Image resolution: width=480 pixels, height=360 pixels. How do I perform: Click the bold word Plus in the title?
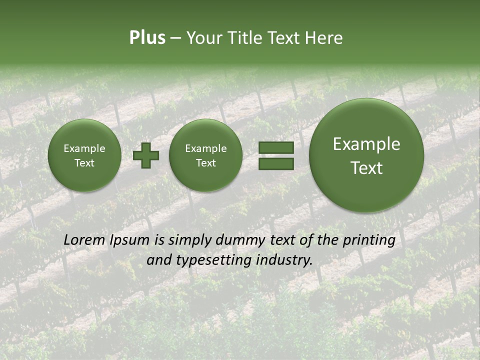[147, 38]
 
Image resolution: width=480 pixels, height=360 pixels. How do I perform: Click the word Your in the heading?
[204, 38]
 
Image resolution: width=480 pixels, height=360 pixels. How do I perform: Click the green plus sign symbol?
[145, 155]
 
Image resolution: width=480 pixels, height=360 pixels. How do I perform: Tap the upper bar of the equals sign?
[276, 147]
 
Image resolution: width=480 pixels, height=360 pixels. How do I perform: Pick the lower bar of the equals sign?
[276, 163]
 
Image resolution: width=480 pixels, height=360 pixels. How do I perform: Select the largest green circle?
[366, 155]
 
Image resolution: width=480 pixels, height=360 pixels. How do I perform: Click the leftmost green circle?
[84, 155]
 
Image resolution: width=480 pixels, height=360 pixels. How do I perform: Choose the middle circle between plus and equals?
[205, 155]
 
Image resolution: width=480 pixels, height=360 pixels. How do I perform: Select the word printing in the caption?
[369, 240]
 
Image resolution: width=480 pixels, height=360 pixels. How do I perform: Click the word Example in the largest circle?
[366, 144]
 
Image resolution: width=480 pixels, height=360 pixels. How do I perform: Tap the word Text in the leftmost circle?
[84, 163]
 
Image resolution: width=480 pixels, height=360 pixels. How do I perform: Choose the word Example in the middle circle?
[205, 148]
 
